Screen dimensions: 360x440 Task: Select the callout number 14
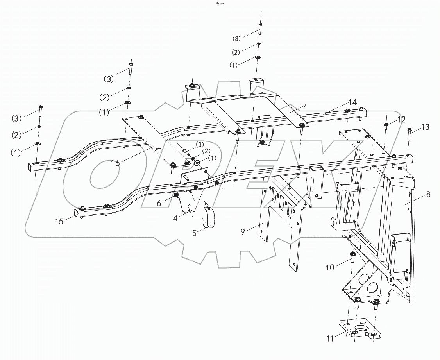coord(352,102)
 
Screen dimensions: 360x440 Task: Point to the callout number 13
coord(425,127)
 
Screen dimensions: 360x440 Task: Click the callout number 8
coord(428,194)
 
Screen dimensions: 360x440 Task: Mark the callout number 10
coord(331,267)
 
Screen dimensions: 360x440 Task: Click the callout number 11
coord(330,339)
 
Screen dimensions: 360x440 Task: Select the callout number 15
coord(59,221)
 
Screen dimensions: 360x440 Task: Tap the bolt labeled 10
coord(352,258)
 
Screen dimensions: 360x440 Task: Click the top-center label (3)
coord(237,38)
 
